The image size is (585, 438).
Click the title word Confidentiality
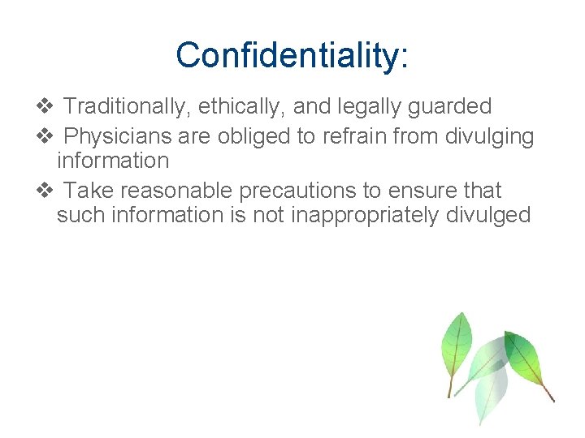(x=287, y=55)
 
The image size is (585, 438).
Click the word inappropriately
(x=358, y=215)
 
